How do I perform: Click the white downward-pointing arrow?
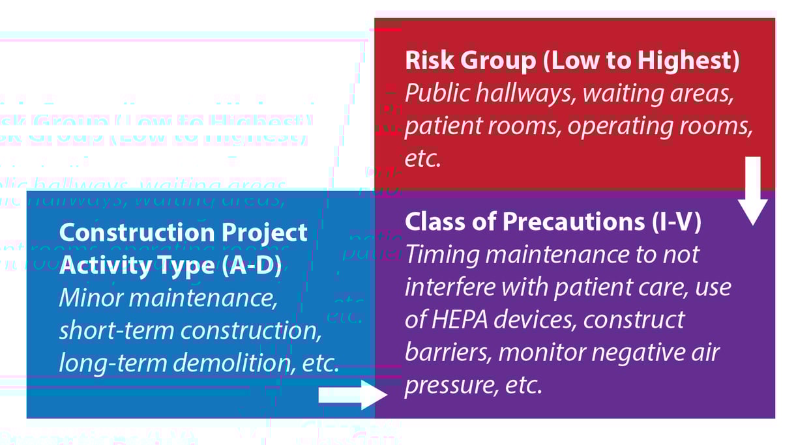click(x=753, y=193)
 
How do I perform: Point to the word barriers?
click(x=443, y=352)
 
